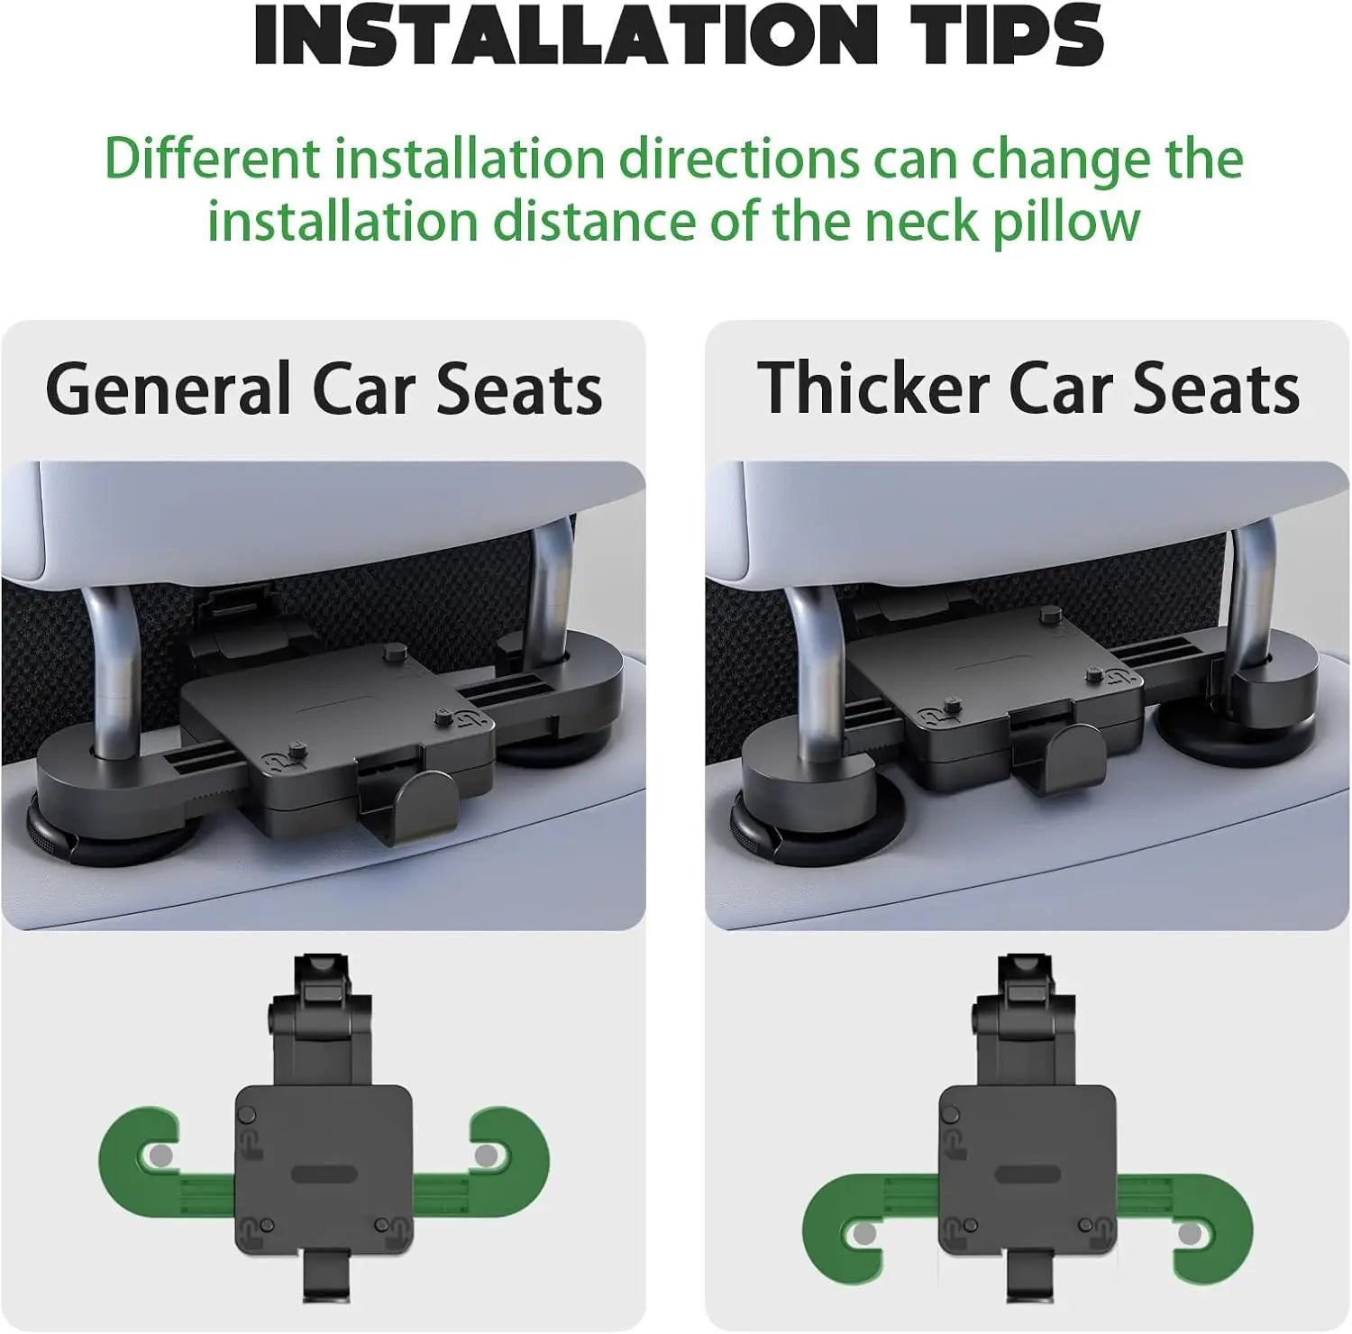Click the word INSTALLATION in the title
point(560,36)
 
